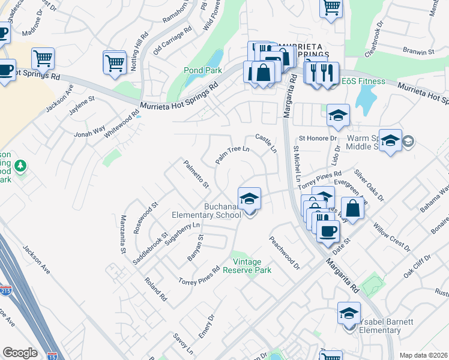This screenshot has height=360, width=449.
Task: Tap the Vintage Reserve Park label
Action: [x=247, y=266]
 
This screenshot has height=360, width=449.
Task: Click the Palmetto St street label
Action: [x=196, y=172]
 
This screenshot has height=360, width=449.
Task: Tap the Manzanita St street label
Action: [x=123, y=233]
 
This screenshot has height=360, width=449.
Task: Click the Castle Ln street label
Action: [x=265, y=142]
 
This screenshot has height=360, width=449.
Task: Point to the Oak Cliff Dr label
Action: [x=417, y=264]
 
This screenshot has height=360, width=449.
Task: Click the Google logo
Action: [x=20, y=353]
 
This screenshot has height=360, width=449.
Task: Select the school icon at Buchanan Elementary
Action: [x=250, y=197]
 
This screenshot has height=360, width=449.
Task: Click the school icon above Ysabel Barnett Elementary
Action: [x=349, y=313]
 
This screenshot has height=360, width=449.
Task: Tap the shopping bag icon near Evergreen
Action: [x=353, y=209]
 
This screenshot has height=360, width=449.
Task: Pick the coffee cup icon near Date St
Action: [x=327, y=231]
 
